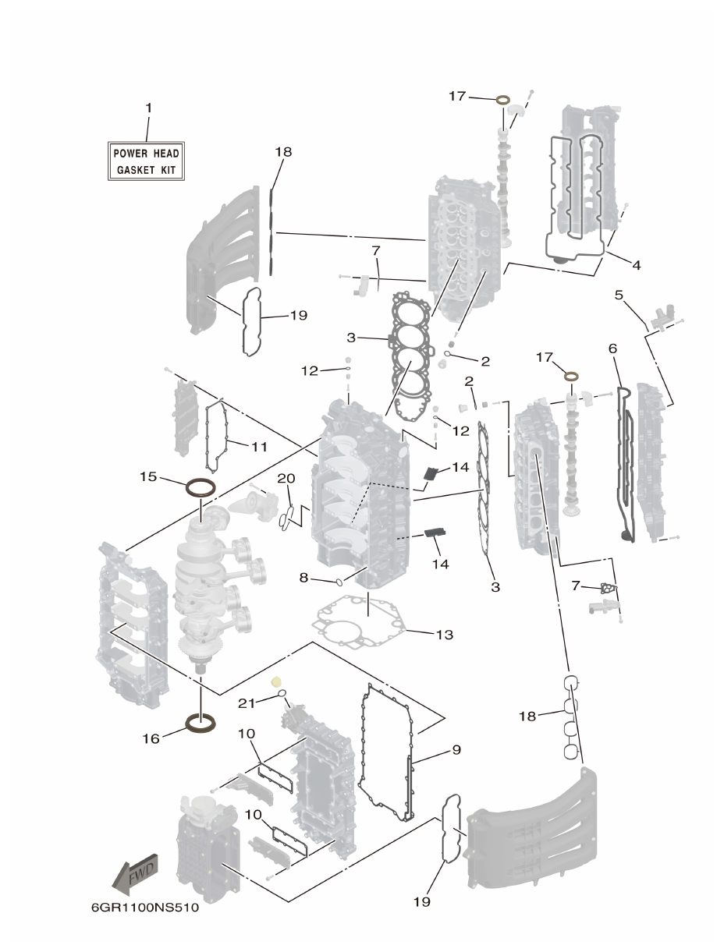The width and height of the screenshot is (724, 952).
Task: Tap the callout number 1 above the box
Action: (x=148, y=108)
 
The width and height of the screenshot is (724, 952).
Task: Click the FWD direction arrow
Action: (x=137, y=873)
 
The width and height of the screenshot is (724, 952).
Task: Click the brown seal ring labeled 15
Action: (x=201, y=489)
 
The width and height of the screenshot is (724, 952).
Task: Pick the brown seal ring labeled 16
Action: (x=201, y=724)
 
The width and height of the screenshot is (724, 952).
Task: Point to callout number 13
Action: (x=443, y=635)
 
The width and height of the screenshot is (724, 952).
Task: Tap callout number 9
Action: (x=456, y=750)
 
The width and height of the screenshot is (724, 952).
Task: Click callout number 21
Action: (x=247, y=702)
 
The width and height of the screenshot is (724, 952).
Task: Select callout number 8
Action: (x=303, y=578)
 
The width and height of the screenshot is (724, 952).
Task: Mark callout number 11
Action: (x=259, y=447)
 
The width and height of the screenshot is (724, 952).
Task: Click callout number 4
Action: (x=636, y=265)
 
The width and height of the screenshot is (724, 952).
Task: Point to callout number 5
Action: (x=619, y=296)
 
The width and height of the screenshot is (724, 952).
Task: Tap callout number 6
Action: (x=612, y=350)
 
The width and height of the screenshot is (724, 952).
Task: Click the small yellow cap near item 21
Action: (x=275, y=681)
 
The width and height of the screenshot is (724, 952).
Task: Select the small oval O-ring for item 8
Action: (x=340, y=582)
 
